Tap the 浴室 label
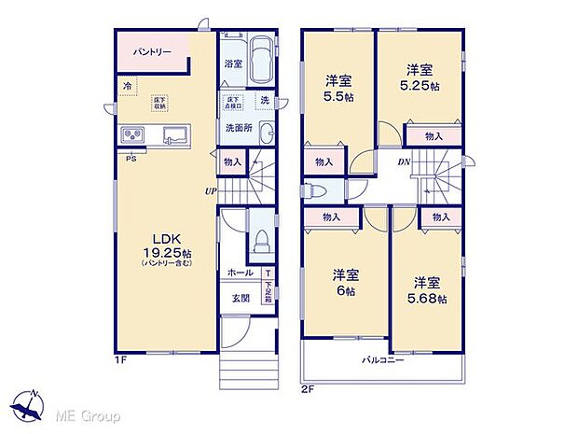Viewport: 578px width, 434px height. [233, 63]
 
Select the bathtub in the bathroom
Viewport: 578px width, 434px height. [262, 60]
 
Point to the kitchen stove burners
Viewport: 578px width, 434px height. [133, 136]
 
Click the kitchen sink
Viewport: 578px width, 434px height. [174, 136]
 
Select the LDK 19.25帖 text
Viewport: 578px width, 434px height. [155, 245]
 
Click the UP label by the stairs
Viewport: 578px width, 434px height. [212, 192]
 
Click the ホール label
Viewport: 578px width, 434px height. [240, 273]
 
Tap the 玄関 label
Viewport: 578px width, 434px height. [240, 299]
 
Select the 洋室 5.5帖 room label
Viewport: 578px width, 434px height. [337, 89]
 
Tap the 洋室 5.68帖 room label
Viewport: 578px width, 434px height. [429, 290]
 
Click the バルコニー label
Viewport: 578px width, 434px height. [383, 359]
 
